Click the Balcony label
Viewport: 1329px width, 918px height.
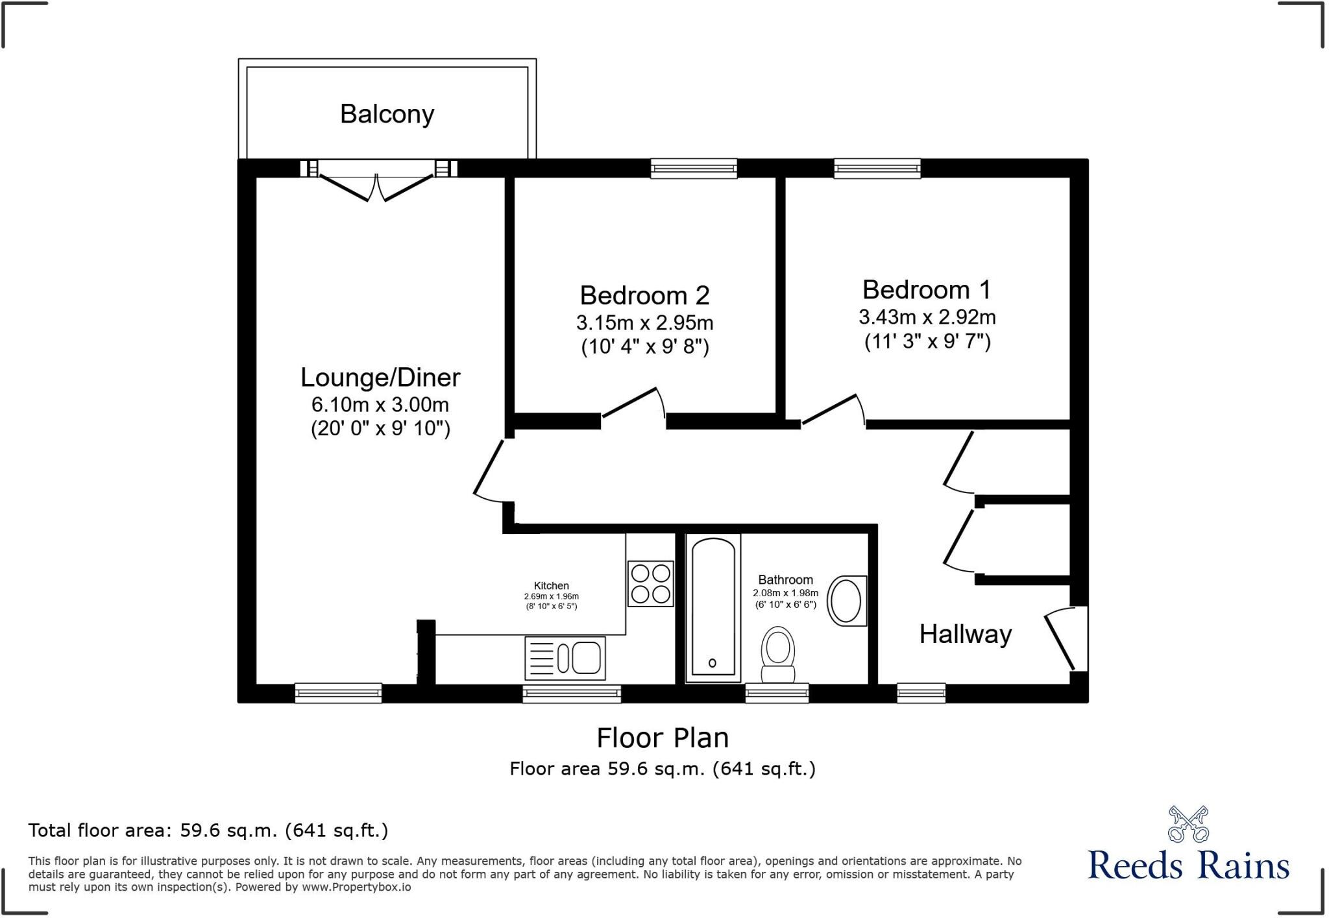tap(387, 114)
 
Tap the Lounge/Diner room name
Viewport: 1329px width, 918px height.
tap(380, 377)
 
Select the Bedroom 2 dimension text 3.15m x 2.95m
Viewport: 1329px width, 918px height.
tap(644, 322)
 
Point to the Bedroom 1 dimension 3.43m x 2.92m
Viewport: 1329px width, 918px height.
tap(927, 317)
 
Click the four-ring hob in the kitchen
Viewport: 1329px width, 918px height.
tap(650, 584)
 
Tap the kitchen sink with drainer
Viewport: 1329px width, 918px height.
tap(565, 657)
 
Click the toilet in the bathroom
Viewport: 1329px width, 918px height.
tap(777, 652)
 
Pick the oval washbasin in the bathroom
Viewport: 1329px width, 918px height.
tap(847, 601)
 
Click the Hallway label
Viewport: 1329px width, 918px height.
tap(965, 634)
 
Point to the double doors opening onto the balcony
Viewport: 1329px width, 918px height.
tap(377, 185)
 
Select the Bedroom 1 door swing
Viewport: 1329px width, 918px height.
tap(834, 410)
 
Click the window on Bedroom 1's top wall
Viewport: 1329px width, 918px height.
tap(877, 169)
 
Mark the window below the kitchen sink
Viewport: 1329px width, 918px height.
tap(572, 694)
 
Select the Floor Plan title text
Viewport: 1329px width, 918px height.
tap(663, 738)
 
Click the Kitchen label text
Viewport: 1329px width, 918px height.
tap(551, 586)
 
